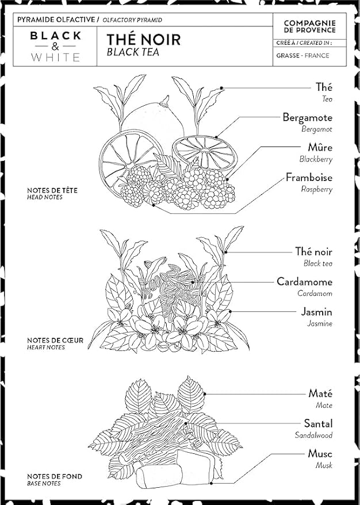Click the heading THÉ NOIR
pos(143,40)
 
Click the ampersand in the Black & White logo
pos(55,46)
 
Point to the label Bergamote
pos(307,118)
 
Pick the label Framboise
pos(309,178)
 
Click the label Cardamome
pos(304,282)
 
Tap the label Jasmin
pos(316,312)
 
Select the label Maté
pos(320,394)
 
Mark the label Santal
pos(317,424)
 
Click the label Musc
pos(320,454)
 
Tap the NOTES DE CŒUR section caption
pos(55,341)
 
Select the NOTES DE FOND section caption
pos(55,476)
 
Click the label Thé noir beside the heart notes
pos(313,252)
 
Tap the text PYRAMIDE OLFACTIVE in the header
pos(57,20)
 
